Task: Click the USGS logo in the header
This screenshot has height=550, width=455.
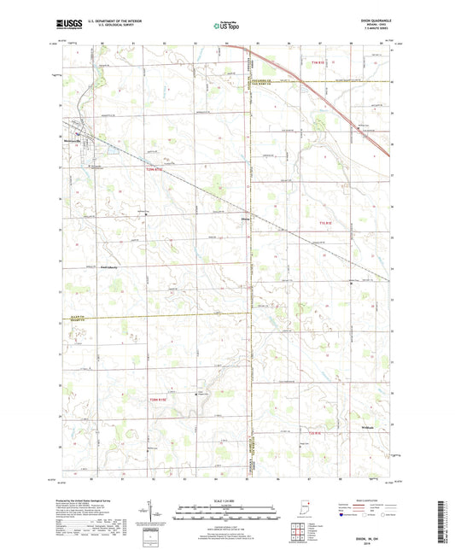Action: [x=68, y=25]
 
